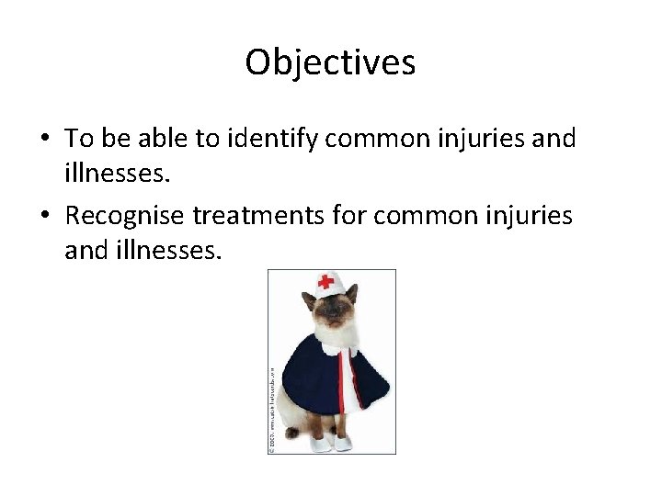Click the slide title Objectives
pos(330,62)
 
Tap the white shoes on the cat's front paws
pos(331,444)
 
